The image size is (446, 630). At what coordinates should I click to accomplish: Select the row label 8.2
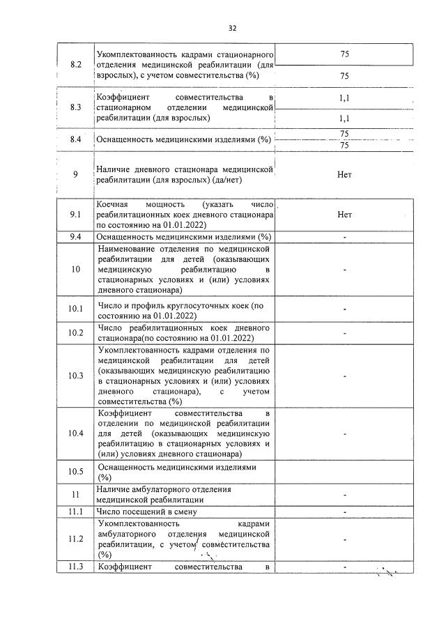click(76, 65)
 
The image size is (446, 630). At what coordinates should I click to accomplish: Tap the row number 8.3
click(76, 108)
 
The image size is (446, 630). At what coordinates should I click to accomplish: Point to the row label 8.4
click(76, 140)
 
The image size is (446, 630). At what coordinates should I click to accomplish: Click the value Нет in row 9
click(344, 174)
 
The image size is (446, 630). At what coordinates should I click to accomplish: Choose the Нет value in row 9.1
click(344, 215)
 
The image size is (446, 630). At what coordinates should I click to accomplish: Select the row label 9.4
click(76, 237)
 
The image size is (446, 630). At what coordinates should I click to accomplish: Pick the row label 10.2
click(76, 333)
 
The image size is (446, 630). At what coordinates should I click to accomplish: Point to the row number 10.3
click(76, 376)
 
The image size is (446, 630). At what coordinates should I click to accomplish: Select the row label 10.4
click(76, 433)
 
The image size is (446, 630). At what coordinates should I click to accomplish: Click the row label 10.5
click(76, 472)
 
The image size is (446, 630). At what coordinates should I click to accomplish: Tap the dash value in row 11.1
click(344, 512)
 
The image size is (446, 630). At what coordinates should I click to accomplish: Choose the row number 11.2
click(76, 539)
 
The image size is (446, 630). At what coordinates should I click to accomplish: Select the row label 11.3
click(76, 567)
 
